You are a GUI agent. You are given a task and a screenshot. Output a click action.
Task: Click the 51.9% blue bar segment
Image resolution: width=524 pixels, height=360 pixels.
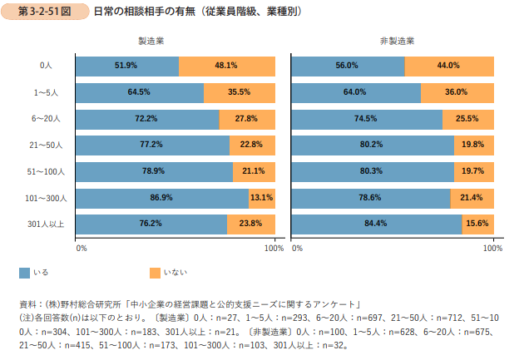pos(127,66)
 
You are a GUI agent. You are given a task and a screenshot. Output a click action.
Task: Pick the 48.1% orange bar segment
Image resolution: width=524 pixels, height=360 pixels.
pos(226,66)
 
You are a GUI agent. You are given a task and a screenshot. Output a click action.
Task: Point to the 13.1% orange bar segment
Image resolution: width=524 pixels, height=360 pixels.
pos(261,197)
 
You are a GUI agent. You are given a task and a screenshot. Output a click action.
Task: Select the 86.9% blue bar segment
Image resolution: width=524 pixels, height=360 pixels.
pos(161,197)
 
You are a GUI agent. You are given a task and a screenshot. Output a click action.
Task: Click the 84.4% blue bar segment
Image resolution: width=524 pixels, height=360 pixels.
pos(376,224)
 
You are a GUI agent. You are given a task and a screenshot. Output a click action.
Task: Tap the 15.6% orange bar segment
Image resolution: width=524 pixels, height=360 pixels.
pos(477,224)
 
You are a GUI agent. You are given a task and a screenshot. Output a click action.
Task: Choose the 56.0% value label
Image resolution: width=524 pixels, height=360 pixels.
pos(347,66)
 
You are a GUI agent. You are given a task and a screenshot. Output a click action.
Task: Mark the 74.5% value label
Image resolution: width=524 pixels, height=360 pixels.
pos(366,118)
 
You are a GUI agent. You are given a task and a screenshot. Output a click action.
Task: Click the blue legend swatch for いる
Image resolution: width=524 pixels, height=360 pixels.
pos(24,272)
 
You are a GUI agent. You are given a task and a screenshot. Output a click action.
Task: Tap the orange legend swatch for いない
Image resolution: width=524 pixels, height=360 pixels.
pos(155,272)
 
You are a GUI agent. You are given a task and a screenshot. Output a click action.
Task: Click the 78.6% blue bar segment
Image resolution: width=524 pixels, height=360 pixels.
pos(371,197)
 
